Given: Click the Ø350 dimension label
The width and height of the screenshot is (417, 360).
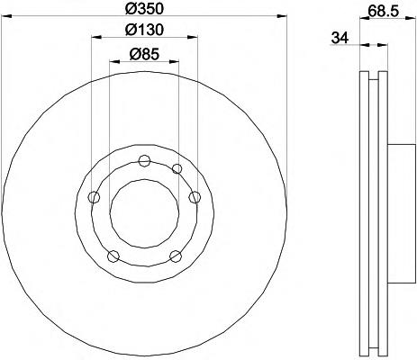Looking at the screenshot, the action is (x=144, y=8).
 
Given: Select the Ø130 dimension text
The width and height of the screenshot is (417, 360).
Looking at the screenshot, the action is (x=144, y=30).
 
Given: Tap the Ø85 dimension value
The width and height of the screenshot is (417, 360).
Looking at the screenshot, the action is (x=144, y=54).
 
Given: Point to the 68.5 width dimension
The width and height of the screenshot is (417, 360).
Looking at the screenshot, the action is (x=383, y=11).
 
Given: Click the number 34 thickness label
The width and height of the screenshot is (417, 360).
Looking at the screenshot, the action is (x=340, y=38).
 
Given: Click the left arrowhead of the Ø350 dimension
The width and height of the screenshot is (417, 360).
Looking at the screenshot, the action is (x=6, y=15).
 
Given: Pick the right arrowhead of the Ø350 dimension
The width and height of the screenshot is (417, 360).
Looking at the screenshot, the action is (x=282, y=15).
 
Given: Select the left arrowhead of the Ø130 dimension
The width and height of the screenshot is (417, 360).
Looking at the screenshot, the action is (x=96, y=37).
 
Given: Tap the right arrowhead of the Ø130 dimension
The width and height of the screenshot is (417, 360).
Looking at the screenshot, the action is (x=193, y=37).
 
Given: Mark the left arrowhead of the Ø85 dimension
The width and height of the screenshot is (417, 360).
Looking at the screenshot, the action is (x=114, y=61).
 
